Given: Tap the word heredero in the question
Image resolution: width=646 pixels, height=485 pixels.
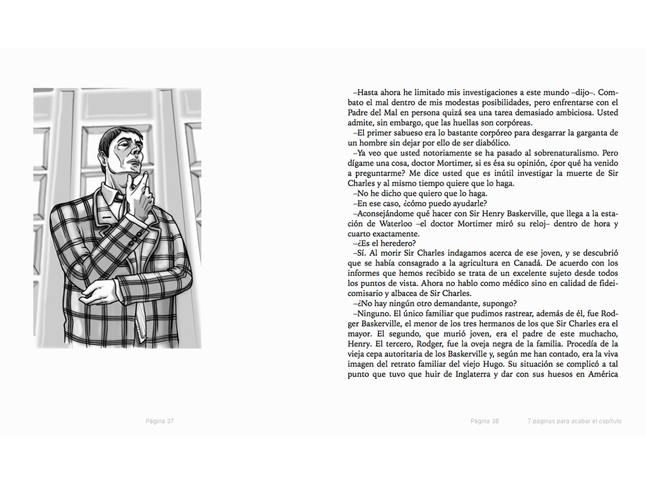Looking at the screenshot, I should coord(392,243).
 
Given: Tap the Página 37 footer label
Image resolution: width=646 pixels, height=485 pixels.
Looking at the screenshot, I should coord(160,421).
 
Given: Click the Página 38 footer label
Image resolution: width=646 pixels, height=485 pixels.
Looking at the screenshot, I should coord(484,421).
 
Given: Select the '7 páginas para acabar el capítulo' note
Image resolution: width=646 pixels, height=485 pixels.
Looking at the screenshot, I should coord(575,421).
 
